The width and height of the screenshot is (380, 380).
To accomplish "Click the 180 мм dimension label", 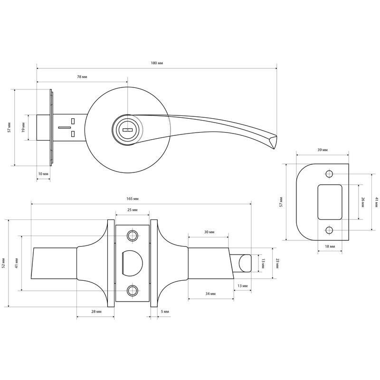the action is point(157,63).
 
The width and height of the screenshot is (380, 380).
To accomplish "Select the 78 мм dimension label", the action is point(82,77).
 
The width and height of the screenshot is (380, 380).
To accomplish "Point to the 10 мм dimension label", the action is point(43,174).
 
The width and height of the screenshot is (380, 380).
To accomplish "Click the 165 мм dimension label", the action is point(133,199).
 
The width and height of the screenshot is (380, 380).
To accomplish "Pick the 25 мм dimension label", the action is point(133,210).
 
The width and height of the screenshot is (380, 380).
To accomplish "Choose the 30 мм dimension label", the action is point(209,232).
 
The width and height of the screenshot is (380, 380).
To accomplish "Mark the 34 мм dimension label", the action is point(210,294).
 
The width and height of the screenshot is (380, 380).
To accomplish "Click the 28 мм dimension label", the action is point(96,312).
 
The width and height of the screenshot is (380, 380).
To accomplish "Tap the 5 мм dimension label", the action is point(165,312).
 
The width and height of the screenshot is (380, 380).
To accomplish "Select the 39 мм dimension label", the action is point(323,150).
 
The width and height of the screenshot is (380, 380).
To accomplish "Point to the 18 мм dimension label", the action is point(330,247).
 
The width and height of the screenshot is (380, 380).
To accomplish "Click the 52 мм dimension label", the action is point(3,263).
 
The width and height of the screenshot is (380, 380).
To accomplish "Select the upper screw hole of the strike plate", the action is point(329,174).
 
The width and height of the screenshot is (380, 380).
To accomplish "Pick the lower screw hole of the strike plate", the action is point(329,230).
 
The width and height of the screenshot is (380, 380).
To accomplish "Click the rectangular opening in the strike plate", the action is point(330,202).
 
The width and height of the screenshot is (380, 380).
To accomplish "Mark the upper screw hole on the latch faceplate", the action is point(133,235).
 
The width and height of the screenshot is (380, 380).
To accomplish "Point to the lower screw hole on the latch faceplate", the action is point(133,291).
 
